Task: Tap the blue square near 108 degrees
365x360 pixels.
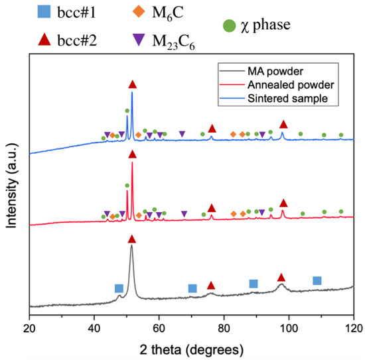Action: click(317, 280)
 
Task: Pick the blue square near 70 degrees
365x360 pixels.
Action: click(192, 288)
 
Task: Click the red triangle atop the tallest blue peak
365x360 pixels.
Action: click(133, 84)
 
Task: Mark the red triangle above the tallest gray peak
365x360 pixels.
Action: click(132, 239)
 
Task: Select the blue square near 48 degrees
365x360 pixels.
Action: click(119, 288)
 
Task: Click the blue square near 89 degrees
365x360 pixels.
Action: click(254, 284)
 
